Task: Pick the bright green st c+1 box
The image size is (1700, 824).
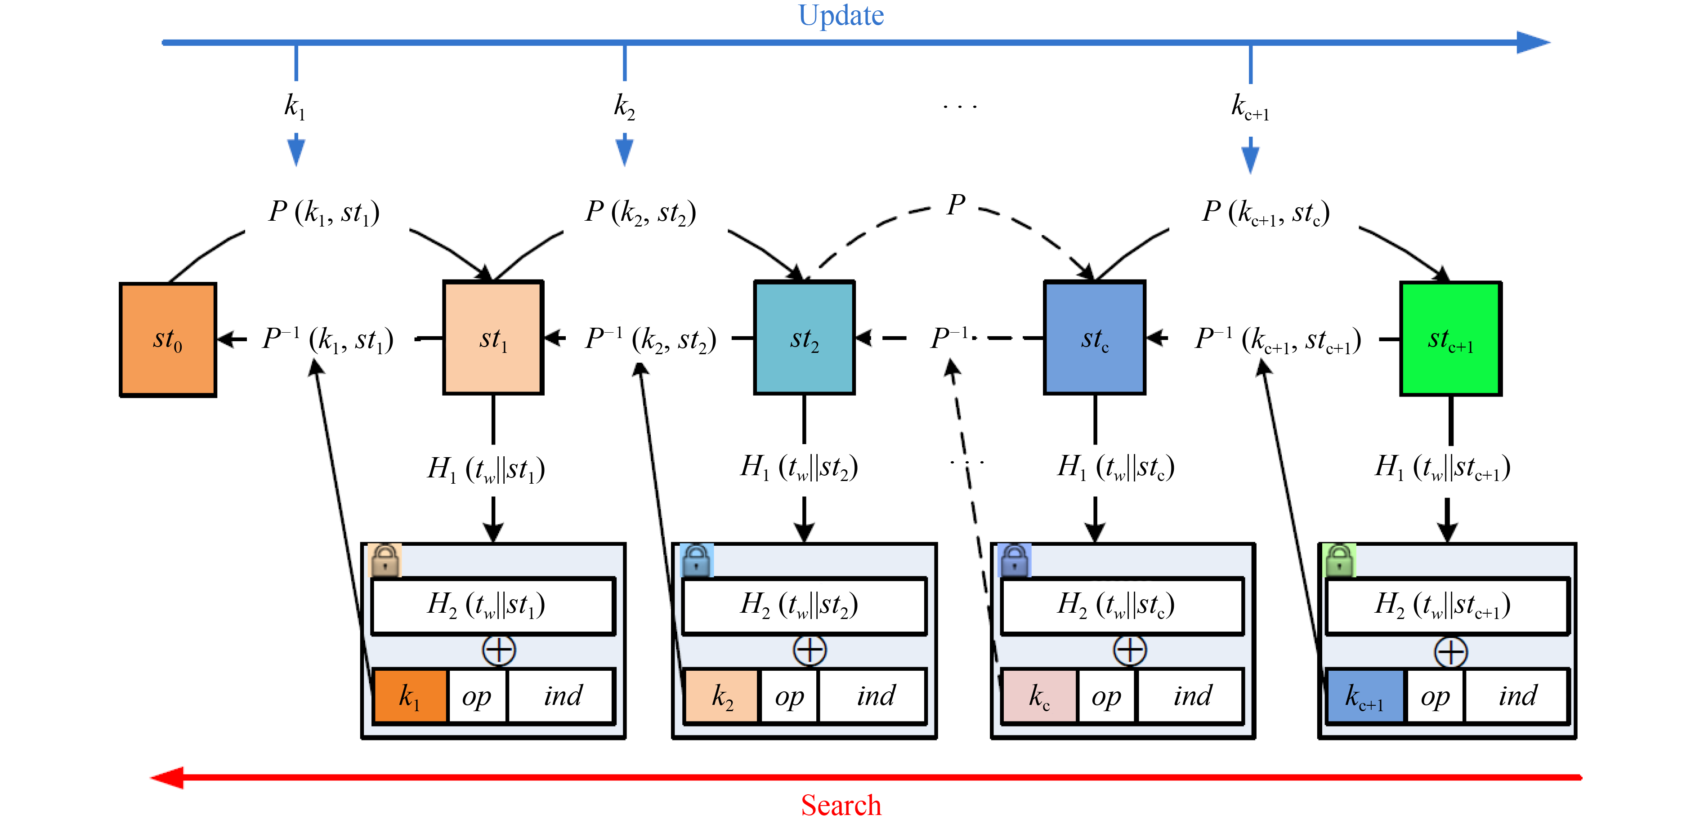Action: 1450,339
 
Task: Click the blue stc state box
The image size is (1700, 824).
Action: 1094,338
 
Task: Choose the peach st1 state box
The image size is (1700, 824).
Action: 493,338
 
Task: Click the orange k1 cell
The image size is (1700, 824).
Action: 410,696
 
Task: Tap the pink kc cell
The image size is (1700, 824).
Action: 1039,696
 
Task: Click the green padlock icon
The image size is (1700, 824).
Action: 1339,561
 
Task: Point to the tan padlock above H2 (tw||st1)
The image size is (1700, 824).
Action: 385,561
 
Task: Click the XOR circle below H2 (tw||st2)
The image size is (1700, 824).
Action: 809,650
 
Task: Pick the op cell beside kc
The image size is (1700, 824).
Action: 1106,696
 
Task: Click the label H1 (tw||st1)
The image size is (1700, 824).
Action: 486,469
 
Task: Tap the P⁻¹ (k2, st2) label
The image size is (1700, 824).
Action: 650,339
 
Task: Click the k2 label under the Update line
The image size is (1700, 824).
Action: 624,106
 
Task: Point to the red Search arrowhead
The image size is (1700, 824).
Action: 166,777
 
